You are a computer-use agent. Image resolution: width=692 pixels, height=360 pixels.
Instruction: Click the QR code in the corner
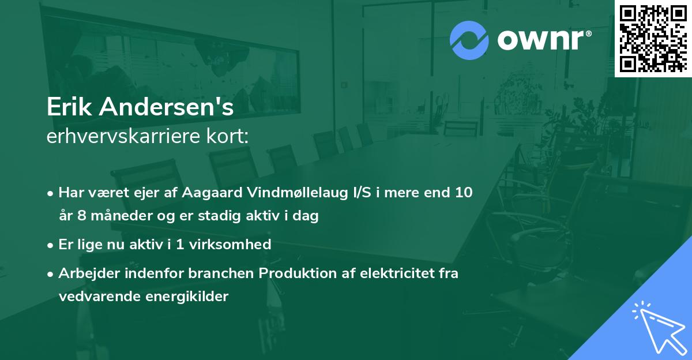tap(653, 38)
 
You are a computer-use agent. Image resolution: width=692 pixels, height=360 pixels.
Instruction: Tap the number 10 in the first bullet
tap(463, 193)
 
